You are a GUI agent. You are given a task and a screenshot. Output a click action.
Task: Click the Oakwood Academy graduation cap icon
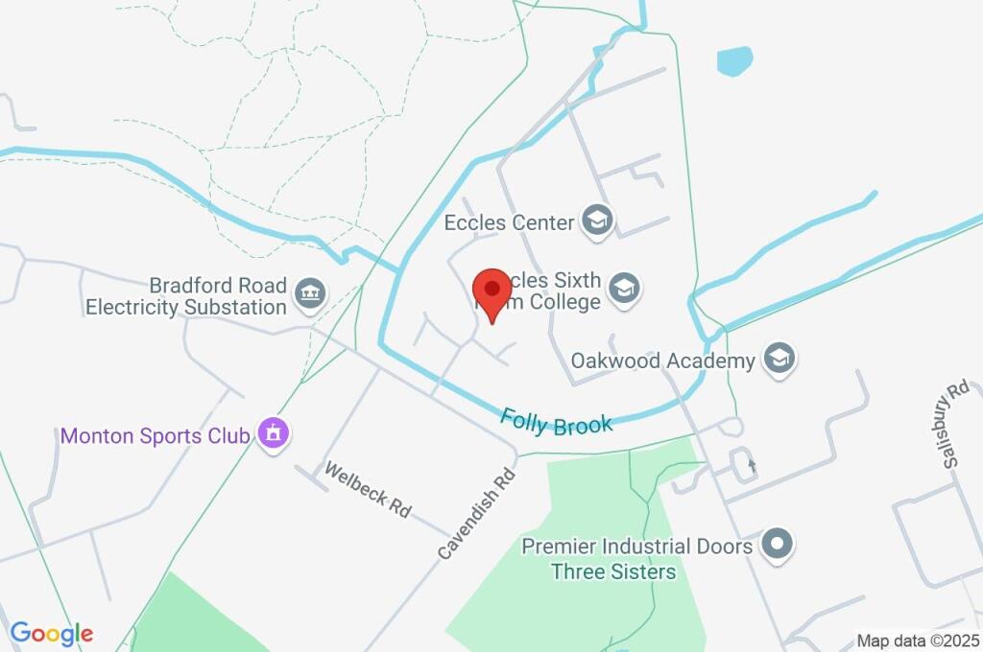click(x=779, y=360)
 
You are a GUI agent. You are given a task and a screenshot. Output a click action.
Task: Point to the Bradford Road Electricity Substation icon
click(x=309, y=295)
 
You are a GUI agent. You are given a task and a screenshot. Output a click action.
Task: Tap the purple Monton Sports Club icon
click(x=274, y=434)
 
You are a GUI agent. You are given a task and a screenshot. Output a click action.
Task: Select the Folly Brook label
click(x=557, y=422)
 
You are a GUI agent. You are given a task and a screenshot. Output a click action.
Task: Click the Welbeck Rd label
click(x=368, y=490)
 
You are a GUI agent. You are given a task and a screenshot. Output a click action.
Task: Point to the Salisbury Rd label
click(x=955, y=426)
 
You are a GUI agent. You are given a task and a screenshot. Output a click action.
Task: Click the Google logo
click(x=52, y=633)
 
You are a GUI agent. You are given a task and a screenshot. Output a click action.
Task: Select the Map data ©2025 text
click(x=918, y=640)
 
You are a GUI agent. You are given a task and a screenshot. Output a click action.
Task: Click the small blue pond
click(x=734, y=61)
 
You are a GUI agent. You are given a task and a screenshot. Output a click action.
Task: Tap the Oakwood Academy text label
click(x=663, y=361)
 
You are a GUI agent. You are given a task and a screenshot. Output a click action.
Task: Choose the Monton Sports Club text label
click(x=156, y=435)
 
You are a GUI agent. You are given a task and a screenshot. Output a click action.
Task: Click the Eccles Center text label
click(x=509, y=222)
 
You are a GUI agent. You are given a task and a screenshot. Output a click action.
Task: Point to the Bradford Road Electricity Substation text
click(x=186, y=296)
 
